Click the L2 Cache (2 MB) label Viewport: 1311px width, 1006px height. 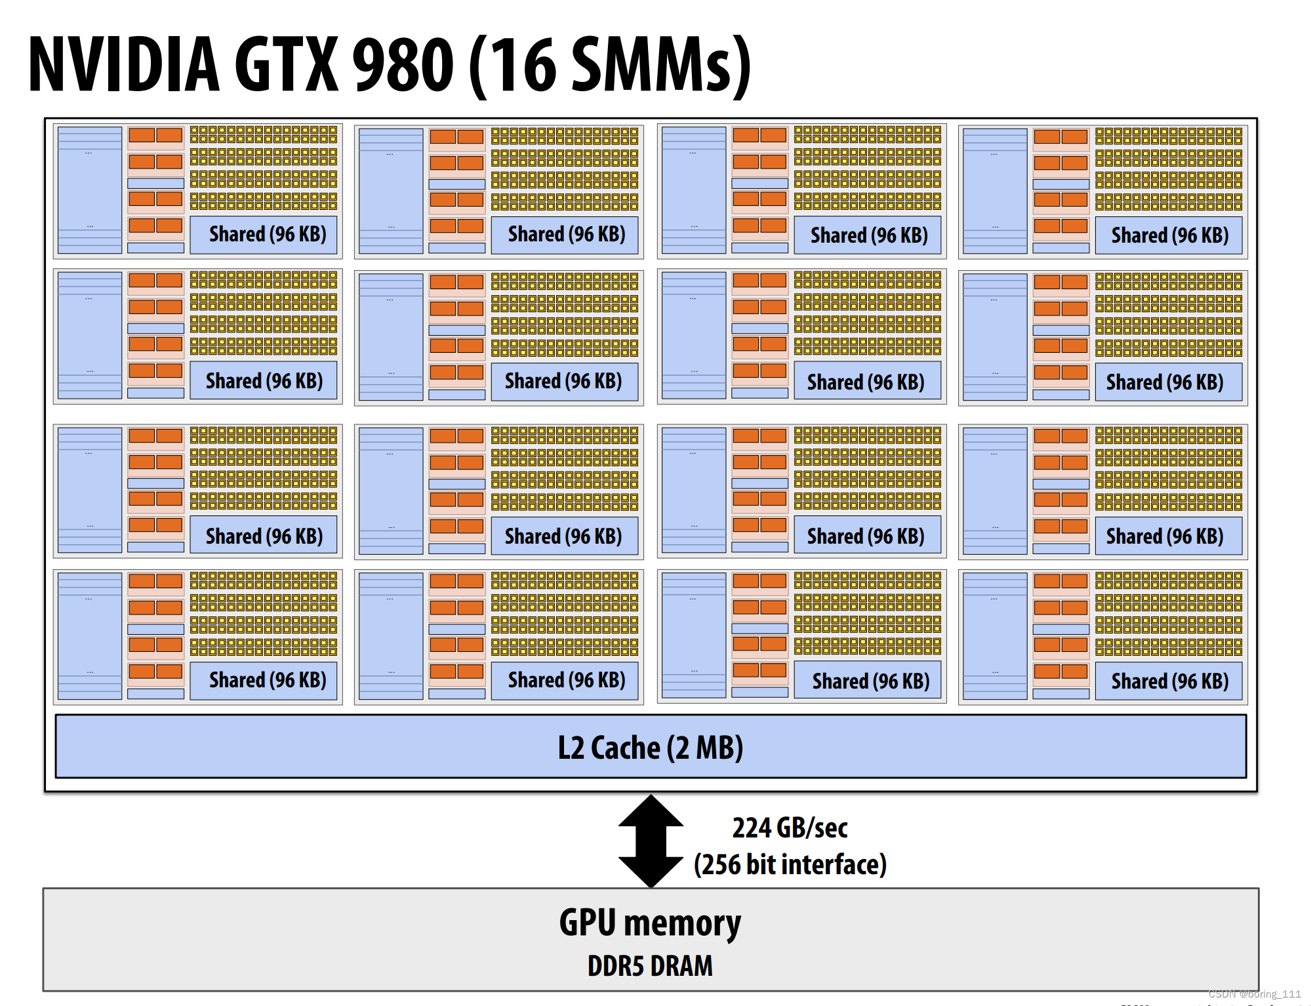click(x=650, y=747)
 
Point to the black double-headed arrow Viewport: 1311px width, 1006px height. click(x=650, y=841)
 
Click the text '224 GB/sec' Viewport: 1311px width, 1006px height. click(x=790, y=828)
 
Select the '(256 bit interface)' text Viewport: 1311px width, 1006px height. click(x=790, y=864)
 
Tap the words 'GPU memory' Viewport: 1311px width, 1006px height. click(x=650, y=922)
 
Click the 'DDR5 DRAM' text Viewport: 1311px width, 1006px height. click(x=650, y=966)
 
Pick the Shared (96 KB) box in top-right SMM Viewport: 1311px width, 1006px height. click(x=1169, y=235)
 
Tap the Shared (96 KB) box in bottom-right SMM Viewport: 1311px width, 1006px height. click(x=1169, y=681)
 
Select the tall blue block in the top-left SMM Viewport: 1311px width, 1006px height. click(x=90, y=190)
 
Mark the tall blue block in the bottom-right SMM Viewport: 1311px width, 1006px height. click(x=994, y=636)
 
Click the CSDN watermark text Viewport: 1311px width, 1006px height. click(x=1254, y=994)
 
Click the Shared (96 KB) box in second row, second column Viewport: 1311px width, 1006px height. click(x=564, y=381)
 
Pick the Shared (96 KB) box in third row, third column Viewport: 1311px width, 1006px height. click(x=866, y=536)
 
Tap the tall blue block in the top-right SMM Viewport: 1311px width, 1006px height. click(x=994, y=191)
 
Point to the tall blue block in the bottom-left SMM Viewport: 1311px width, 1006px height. click(x=90, y=636)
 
